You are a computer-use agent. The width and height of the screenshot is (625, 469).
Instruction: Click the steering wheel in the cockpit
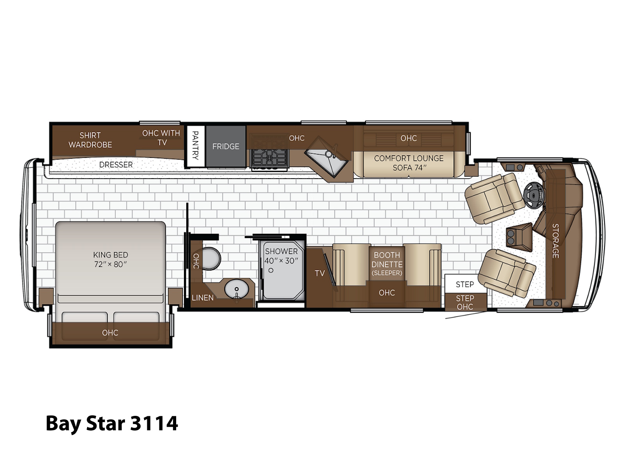[534, 195]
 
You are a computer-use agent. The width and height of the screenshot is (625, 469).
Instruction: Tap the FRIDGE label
[225, 146]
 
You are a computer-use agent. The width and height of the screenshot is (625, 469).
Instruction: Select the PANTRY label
[195, 145]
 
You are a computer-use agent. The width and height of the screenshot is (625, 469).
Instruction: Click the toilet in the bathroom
[210, 258]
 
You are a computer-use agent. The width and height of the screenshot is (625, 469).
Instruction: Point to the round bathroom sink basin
[236, 289]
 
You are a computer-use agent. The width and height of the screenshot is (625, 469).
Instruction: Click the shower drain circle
[271, 270]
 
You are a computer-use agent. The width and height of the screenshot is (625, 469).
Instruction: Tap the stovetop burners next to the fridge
[270, 153]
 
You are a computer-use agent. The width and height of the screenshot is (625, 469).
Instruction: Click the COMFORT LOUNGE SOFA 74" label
[409, 163]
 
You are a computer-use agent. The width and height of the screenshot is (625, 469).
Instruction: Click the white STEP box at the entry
[465, 284]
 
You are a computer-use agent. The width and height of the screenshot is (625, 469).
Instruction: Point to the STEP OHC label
[465, 303]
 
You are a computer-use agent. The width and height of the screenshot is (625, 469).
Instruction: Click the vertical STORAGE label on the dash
[555, 241]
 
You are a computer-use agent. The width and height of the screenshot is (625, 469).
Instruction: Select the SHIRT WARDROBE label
[90, 140]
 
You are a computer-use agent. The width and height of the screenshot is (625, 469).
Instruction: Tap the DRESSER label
[116, 165]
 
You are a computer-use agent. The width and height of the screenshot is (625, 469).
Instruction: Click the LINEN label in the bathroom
[202, 298]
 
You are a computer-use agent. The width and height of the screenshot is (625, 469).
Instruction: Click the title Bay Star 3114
[112, 423]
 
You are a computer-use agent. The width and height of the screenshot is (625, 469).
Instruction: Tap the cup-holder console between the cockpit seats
[519, 237]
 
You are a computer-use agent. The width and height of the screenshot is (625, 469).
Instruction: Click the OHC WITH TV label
[161, 138]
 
